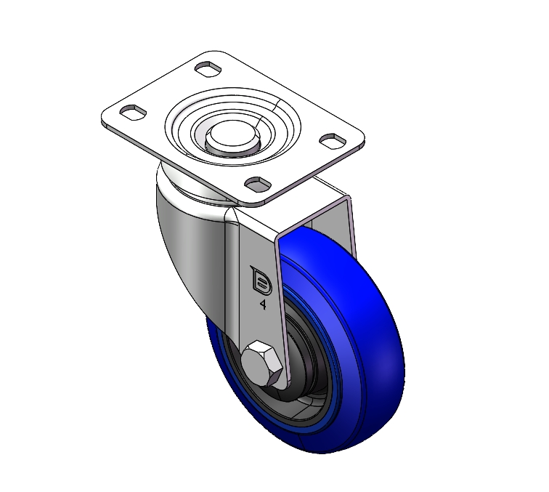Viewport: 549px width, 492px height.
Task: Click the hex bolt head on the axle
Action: pos(262,364)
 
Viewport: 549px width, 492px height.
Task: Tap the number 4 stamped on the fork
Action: pos(264,305)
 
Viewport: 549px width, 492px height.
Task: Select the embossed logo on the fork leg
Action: pos(261,281)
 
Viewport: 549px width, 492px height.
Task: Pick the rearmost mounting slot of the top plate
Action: pos(208,68)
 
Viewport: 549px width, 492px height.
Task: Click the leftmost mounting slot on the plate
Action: pos(133,112)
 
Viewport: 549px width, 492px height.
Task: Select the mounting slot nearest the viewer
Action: pos(258,185)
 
